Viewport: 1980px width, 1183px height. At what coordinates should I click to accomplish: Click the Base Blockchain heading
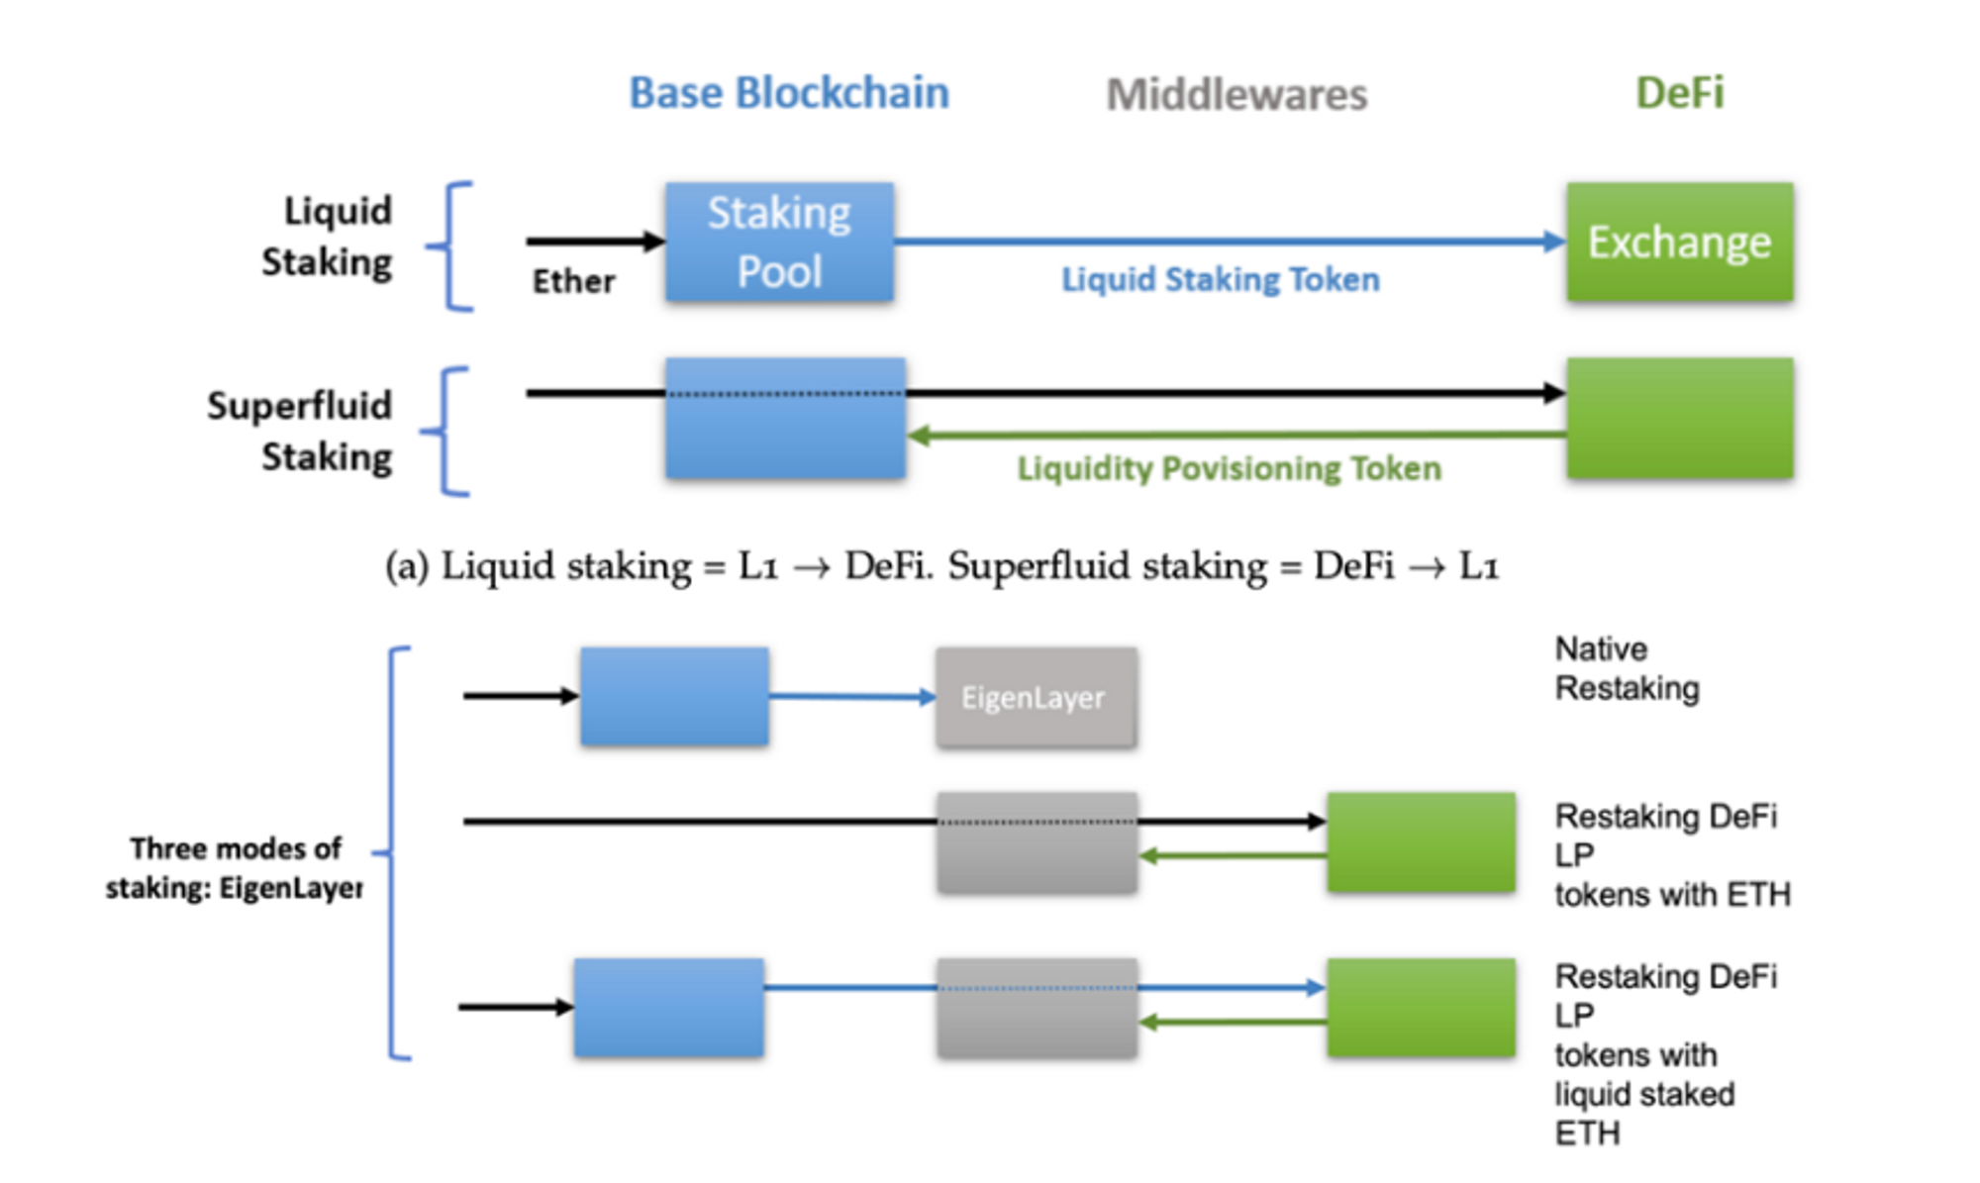(789, 93)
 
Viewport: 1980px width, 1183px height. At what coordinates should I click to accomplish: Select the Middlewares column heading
(1237, 95)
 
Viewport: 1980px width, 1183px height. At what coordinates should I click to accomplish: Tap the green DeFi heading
(1679, 93)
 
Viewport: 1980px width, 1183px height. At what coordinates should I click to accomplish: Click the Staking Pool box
(779, 243)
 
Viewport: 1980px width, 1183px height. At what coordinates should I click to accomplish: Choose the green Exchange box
(1679, 243)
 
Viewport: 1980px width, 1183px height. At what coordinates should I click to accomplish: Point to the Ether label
(573, 281)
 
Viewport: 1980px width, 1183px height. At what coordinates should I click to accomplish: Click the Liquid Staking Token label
(1220, 279)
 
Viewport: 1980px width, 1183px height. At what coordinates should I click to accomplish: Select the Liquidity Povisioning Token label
(1229, 468)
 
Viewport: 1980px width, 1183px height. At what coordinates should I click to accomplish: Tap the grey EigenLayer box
(1036, 698)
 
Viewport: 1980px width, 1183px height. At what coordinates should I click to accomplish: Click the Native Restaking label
(1627, 668)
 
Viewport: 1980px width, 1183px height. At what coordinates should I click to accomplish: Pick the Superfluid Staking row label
(299, 431)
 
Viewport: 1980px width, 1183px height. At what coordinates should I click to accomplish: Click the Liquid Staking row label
(327, 237)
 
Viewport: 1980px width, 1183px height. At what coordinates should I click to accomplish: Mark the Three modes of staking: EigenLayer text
(235, 868)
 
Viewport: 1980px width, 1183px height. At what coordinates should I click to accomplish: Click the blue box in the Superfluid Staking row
(785, 419)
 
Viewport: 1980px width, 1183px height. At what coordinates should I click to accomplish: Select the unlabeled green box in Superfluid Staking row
(1679, 419)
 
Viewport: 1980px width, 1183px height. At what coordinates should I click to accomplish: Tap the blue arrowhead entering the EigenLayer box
(927, 697)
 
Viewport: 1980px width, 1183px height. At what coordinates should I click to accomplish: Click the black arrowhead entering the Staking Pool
(653, 241)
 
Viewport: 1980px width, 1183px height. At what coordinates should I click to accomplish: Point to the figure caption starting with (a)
(941, 566)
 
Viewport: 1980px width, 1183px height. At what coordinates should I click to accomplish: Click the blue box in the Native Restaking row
(674, 697)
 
